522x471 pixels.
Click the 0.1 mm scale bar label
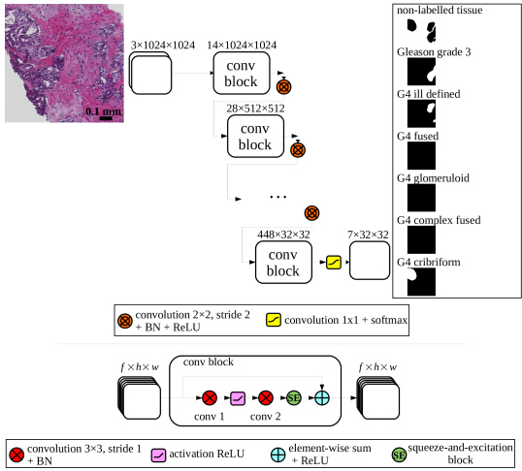(104, 110)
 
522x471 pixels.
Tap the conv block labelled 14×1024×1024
(242, 74)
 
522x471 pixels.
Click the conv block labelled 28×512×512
(255, 137)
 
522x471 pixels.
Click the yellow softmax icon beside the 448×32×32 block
(333, 263)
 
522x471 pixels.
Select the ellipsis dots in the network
(278, 198)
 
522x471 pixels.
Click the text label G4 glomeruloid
(437, 178)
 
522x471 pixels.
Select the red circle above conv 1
(209, 397)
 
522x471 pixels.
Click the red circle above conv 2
(266, 397)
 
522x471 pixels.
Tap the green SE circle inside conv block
(294, 397)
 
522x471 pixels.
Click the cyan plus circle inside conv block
(322, 397)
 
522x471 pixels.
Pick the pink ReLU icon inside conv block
(238, 397)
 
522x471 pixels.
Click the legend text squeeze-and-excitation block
(463, 452)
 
